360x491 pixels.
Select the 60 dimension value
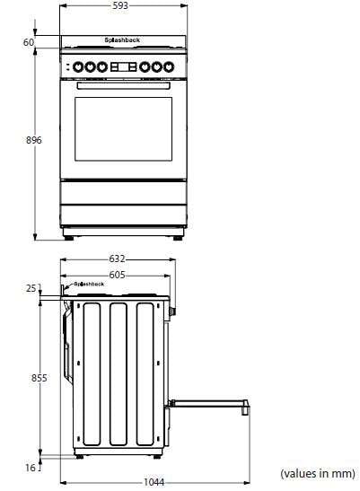pos(28,42)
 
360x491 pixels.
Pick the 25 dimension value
pos(31,288)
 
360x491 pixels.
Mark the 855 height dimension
pos(39,379)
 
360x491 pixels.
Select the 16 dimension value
pos(31,467)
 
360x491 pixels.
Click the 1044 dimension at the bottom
pos(154,483)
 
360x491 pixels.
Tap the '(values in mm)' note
pos(317,472)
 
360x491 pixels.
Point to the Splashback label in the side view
pos(90,284)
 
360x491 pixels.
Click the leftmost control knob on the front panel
pos(78,66)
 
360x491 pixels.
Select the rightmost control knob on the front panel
pos(167,66)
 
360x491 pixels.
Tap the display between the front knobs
pos(123,66)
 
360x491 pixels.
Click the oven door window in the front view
pos(123,128)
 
